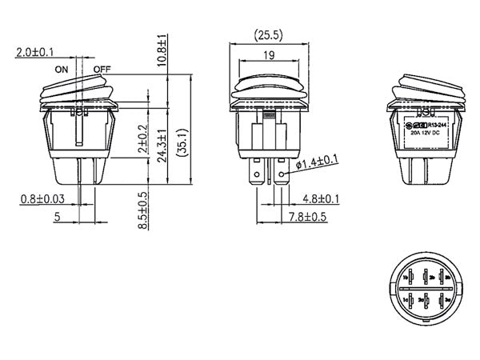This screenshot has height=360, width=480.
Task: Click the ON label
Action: [62, 70]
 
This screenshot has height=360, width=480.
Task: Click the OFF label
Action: [102, 70]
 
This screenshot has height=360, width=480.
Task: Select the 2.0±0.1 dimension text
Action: [34, 54]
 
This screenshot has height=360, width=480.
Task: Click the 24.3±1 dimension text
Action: [162, 146]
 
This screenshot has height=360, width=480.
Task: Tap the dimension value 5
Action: [57, 217]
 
